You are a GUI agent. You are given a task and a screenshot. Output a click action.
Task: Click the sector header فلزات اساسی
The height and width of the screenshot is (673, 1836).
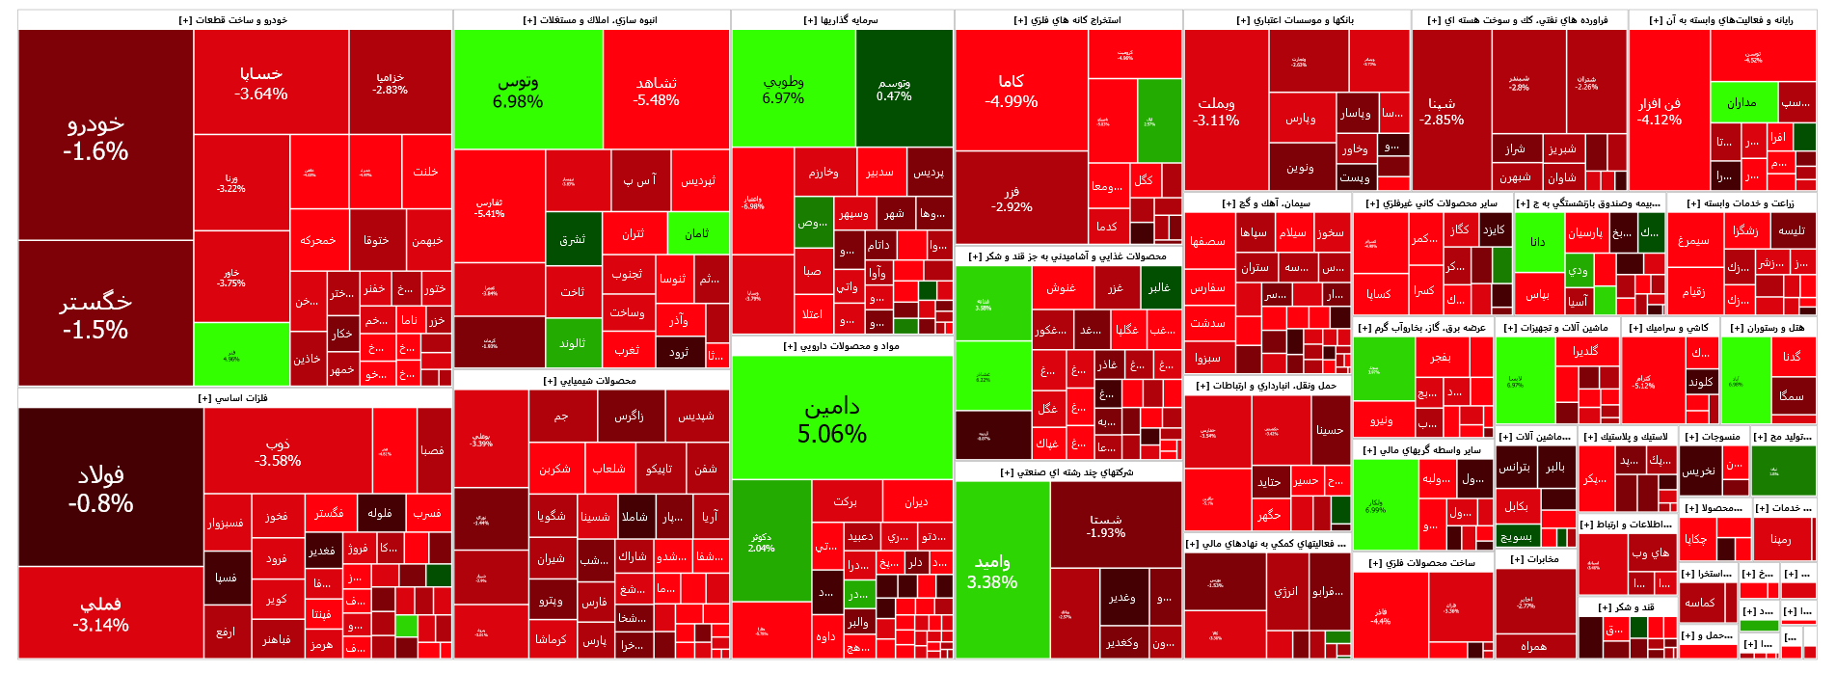point(233,397)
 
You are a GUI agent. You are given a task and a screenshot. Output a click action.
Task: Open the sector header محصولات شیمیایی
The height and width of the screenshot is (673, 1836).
point(590,381)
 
